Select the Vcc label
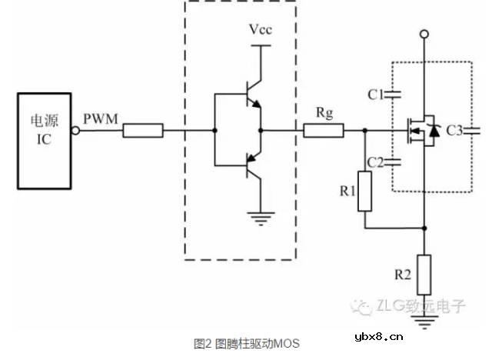click(x=260, y=30)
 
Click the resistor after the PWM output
click(x=143, y=131)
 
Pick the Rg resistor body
click(x=324, y=131)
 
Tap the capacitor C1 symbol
click(x=394, y=95)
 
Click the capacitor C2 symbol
click(x=394, y=162)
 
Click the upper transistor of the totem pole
click(x=251, y=100)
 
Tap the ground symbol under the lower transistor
click(x=263, y=220)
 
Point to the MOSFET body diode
click(x=434, y=132)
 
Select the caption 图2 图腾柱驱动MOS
click(x=246, y=343)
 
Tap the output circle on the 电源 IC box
click(x=76, y=131)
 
